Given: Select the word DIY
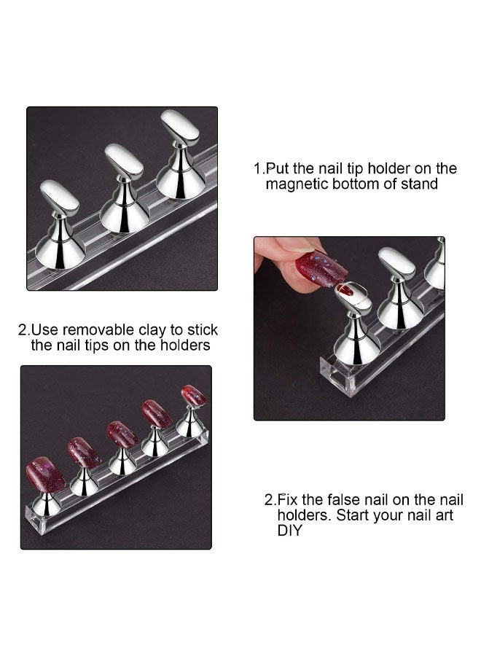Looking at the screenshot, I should point(289,531).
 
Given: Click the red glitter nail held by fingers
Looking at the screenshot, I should point(321,268).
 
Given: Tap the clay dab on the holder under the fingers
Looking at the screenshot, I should point(348,290).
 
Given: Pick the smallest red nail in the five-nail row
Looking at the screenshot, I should point(194,396).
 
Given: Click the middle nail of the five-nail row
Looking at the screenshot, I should point(122,434).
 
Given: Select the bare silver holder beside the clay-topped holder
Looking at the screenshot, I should point(399,292).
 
